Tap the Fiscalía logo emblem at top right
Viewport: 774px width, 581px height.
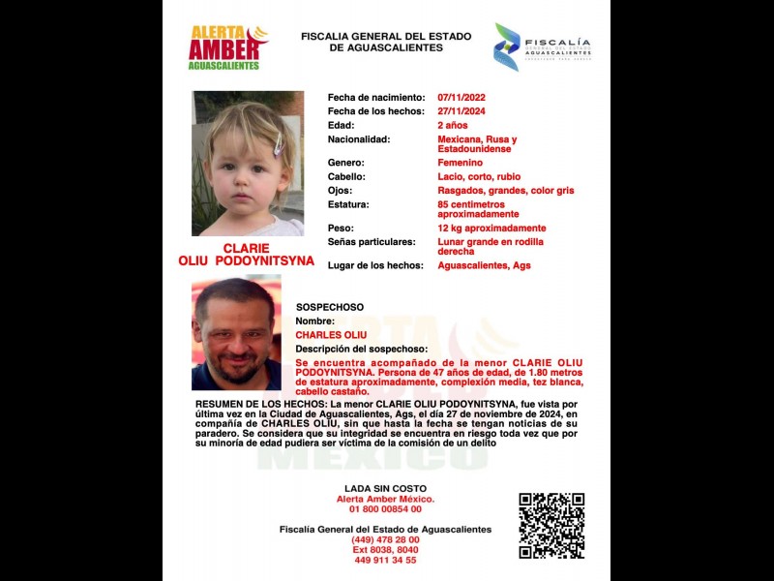click(x=506, y=46)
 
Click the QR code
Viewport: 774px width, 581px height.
click(x=551, y=525)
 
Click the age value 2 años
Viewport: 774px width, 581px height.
click(x=453, y=125)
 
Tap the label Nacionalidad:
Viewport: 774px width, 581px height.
click(x=359, y=139)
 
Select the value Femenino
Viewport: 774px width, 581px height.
click(x=460, y=163)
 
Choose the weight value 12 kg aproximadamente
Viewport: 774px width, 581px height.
click(x=491, y=228)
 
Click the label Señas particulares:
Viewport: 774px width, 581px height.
click(x=372, y=241)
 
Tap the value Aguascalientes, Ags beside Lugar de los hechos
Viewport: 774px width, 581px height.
click(x=484, y=265)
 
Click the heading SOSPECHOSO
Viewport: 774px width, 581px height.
click(x=330, y=306)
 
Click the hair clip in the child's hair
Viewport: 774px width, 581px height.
click(x=278, y=145)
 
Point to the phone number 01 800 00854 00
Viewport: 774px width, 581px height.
click(x=385, y=509)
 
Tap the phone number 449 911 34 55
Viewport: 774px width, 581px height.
click(x=385, y=560)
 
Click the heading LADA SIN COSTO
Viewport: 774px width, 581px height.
click(x=385, y=488)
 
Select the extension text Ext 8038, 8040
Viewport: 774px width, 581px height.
click(x=385, y=550)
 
